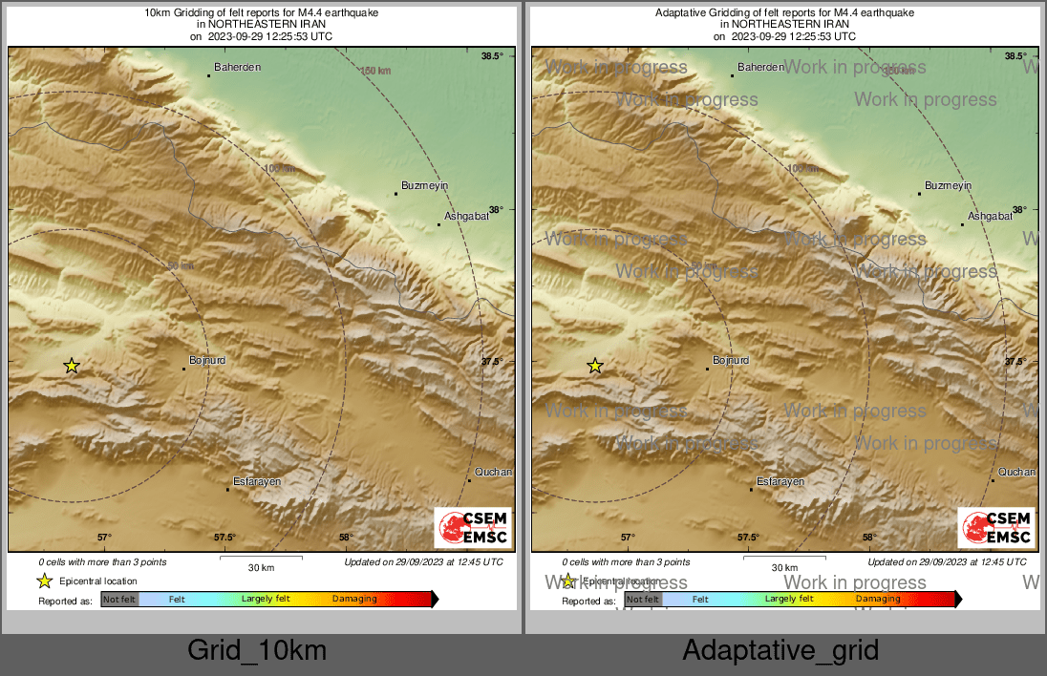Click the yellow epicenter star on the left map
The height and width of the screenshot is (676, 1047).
click(x=72, y=366)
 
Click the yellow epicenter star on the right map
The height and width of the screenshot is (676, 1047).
click(x=595, y=366)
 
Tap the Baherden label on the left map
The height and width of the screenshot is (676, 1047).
click(x=237, y=68)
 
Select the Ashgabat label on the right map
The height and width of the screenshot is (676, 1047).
click(x=990, y=217)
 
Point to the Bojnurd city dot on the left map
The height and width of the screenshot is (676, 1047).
click(x=184, y=369)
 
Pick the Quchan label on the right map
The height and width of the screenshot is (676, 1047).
click(x=1016, y=472)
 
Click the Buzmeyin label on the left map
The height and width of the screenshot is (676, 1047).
click(x=425, y=185)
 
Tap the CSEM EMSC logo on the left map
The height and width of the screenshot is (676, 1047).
click(x=473, y=528)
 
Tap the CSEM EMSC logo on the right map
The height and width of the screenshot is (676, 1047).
click(x=996, y=528)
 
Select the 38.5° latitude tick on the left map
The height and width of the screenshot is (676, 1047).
click(x=492, y=56)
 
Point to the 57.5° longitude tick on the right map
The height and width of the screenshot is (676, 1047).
click(x=748, y=537)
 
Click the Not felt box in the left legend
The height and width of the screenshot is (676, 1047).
click(x=119, y=600)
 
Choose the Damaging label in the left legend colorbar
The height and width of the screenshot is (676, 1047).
click(x=354, y=600)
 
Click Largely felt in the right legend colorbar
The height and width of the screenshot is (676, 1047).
click(x=788, y=600)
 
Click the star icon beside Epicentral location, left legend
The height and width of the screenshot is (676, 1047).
click(x=44, y=581)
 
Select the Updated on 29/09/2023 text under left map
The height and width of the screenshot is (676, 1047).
click(x=423, y=562)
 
